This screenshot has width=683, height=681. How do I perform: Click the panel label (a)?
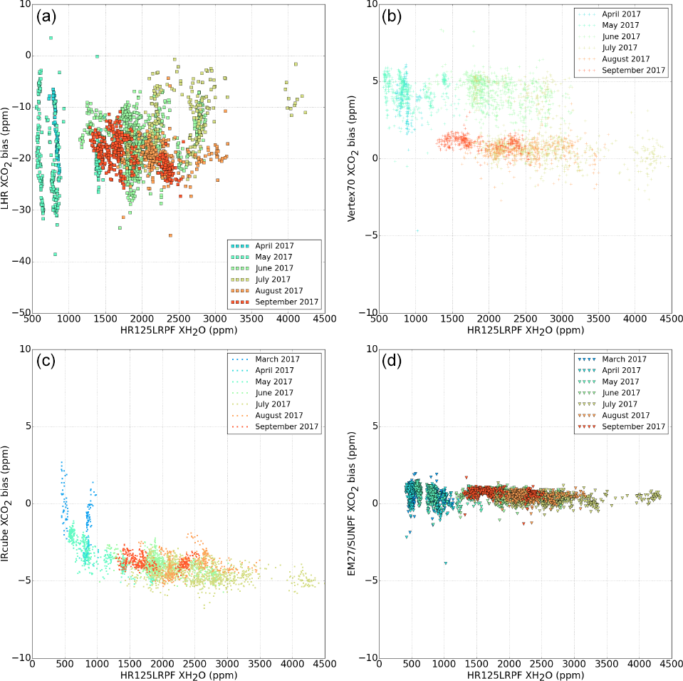tap(47, 17)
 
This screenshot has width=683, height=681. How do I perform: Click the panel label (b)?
tap(393, 17)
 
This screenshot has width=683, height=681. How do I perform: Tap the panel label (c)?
tap(47, 362)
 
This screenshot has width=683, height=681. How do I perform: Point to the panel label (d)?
tap(393, 362)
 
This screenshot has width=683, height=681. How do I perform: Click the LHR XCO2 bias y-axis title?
tap(9, 158)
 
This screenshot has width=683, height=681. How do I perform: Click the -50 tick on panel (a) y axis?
tap(16, 312)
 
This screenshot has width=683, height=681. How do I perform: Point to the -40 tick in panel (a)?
tap(16, 261)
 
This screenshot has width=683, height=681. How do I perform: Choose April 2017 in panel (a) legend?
tap(274, 245)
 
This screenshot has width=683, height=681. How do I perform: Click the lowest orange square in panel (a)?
tap(170, 235)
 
